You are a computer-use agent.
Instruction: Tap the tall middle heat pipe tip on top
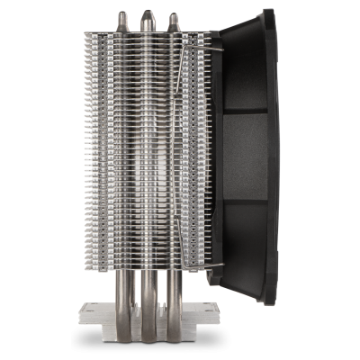point(147,17)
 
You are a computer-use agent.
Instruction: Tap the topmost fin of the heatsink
point(144,36)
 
